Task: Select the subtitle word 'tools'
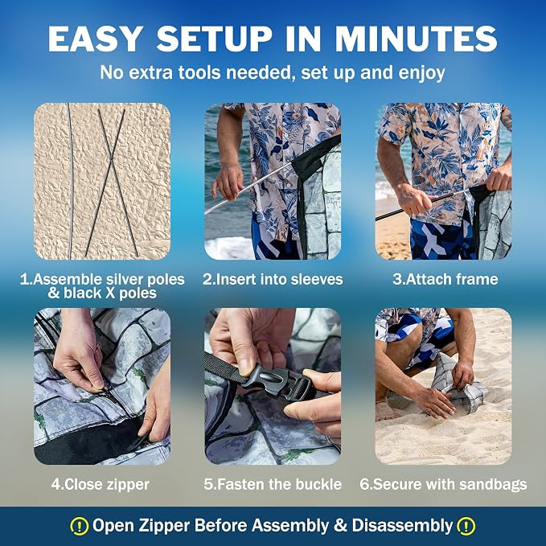(x=199, y=72)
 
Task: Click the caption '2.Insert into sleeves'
(x=273, y=279)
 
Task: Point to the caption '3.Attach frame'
(x=445, y=279)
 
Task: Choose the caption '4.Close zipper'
(x=101, y=484)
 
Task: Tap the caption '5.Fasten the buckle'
(x=273, y=484)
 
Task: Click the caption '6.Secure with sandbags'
(x=443, y=484)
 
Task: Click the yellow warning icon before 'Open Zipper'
(x=80, y=526)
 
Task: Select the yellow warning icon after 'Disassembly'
(x=466, y=526)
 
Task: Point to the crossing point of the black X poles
(x=112, y=160)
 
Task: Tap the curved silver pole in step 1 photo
(x=71, y=181)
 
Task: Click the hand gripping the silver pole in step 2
(x=228, y=182)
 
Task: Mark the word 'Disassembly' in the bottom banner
(x=402, y=526)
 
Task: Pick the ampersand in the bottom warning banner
(x=341, y=526)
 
